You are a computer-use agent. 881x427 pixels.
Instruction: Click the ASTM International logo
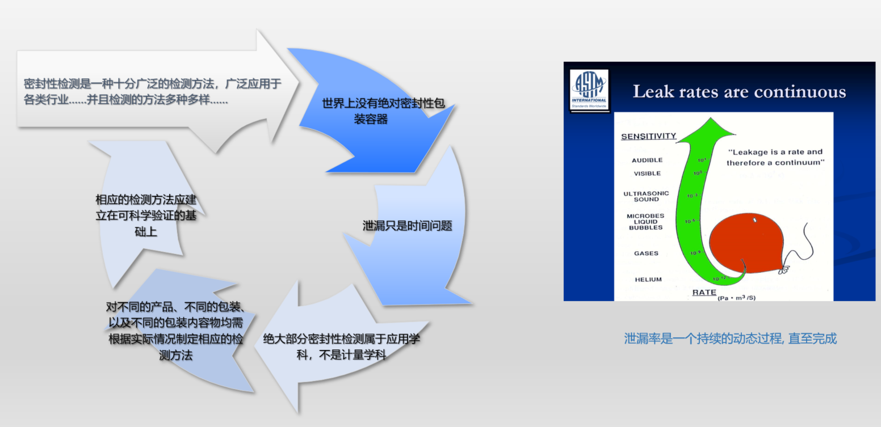(x=589, y=90)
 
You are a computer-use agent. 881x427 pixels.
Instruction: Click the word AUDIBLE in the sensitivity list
(x=647, y=160)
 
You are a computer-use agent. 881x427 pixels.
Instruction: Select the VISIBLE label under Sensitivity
(x=647, y=174)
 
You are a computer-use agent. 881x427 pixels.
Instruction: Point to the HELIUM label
(x=648, y=280)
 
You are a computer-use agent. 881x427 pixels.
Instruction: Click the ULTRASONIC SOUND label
(x=646, y=196)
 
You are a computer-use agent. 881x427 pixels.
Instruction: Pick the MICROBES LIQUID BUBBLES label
(x=645, y=222)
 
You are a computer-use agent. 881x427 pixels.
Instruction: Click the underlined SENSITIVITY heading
(x=648, y=136)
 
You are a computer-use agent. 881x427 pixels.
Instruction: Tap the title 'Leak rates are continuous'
(x=739, y=92)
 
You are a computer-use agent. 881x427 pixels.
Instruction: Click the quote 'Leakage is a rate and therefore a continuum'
(x=774, y=158)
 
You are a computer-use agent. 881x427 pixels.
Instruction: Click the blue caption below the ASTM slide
(x=730, y=339)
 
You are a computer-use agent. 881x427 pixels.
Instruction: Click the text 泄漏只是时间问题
(x=407, y=226)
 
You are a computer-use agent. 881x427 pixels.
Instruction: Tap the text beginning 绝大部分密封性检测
(x=341, y=347)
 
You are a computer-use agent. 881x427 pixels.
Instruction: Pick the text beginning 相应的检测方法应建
(x=146, y=216)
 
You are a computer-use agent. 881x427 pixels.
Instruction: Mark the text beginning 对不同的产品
(x=175, y=331)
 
